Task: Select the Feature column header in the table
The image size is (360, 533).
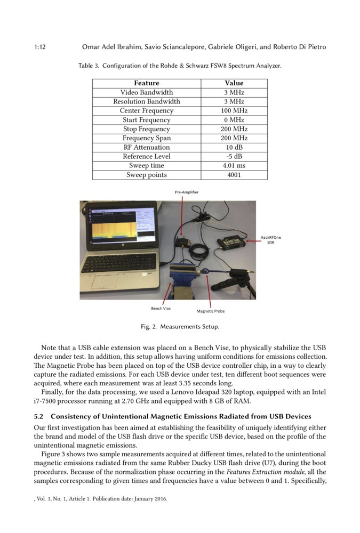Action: [x=146, y=83]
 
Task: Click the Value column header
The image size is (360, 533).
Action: [x=234, y=83]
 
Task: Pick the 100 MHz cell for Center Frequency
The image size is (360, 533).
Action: [x=234, y=111]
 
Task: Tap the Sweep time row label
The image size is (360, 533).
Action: [x=146, y=166]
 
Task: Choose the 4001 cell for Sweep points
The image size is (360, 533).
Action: [x=234, y=175]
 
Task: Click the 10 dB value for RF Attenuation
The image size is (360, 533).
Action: [x=234, y=148]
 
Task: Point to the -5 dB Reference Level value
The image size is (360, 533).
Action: [x=234, y=157]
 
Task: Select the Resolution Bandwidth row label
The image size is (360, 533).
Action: [x=146, y=102]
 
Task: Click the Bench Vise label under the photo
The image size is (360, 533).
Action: [x=161, y=308]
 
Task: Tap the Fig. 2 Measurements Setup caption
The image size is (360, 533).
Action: [x=180, y=326]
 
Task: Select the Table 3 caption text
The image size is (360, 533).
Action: [x=180, y=66]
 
